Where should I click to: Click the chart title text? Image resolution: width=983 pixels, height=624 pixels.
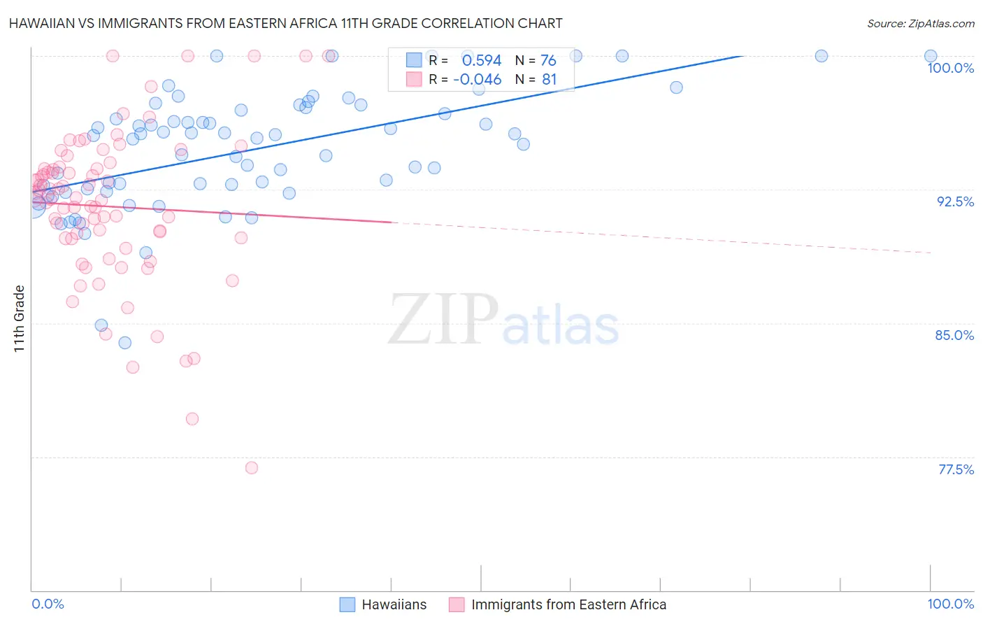(x=285, y=24)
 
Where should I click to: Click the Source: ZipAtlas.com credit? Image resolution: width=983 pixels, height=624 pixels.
(x=920, y=24)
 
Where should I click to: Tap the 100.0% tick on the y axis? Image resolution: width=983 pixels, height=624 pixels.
(x=950, y=68)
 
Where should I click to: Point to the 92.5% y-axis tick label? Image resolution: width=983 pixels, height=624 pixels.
(x=955, y=201)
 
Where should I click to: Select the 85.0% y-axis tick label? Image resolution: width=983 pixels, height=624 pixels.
(x=954, y=335)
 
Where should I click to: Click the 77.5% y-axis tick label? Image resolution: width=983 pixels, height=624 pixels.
(x=956, y=469)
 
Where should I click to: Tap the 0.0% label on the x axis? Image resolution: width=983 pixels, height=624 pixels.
(x=48, y=604)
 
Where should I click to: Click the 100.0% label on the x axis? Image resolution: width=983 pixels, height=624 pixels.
(x=950, y=604)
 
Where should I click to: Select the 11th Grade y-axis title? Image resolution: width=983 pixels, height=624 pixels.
(x=20, y=318)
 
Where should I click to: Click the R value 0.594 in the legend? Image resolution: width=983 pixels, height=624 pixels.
(x=482, y=61)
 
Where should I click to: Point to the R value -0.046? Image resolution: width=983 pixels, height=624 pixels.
(x=478, y=80)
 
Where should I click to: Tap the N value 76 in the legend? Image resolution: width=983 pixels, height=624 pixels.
(x=548, y=61)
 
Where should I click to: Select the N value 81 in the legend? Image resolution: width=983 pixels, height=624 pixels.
(x=549, y=80)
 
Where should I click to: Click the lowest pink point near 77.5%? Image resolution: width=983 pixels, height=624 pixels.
(x=252, y=468)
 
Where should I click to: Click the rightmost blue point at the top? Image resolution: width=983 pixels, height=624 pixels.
(x=931, y=56)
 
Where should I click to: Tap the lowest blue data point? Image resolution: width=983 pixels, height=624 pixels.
(x=125, y=343)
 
